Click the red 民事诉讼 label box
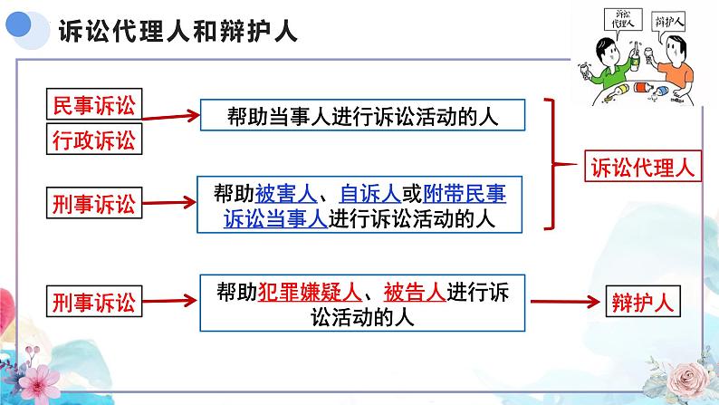pos(93,105)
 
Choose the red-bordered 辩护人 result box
pos(639,303)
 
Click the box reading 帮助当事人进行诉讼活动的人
pos(362,115)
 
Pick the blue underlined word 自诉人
pos(362,193)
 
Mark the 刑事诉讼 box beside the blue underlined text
pos(93,204)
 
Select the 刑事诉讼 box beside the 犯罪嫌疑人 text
pos(93,303)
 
